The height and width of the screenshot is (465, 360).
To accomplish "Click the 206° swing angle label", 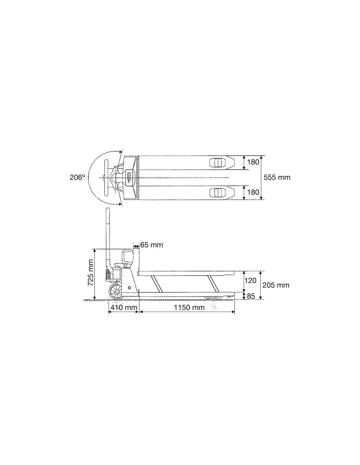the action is (x=77, y=177).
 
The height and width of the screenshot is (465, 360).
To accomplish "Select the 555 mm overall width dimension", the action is (x=277, y=177).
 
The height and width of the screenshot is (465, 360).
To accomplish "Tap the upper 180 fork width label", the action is (x=253, y=162).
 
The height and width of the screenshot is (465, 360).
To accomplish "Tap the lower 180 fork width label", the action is (x=253, y=192).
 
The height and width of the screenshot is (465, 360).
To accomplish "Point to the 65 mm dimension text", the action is (x=152, y=245).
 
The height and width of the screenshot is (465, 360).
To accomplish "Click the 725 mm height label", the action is (x=91, y=272).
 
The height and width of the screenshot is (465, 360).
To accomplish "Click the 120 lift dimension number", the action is (x=250, y=281).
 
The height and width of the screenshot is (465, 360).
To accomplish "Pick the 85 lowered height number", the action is (x=251, y=296).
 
